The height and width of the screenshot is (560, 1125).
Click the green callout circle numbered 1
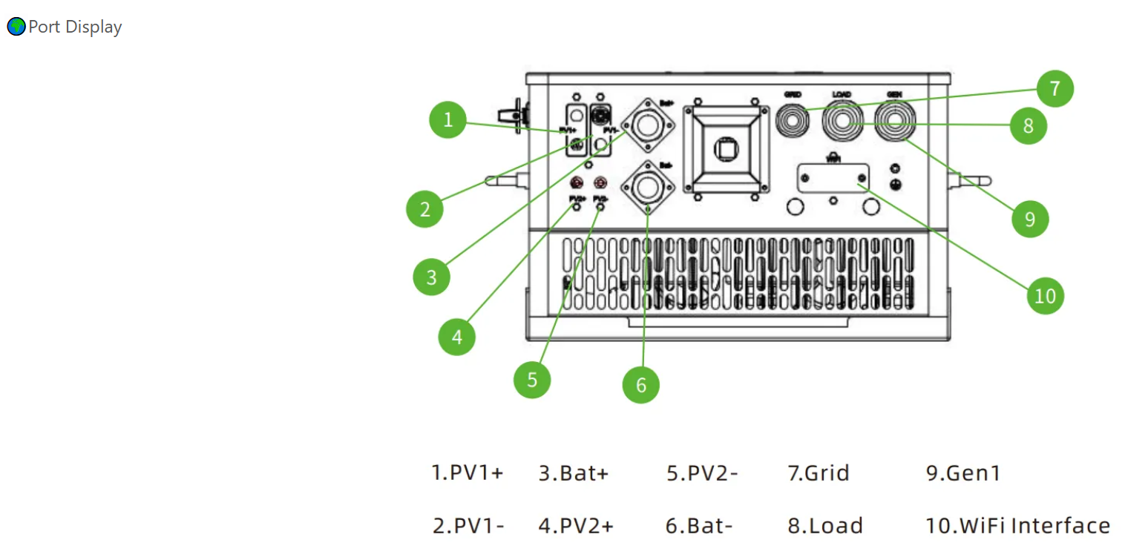tap(447, 119)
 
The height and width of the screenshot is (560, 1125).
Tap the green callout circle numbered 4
tap(456, 337)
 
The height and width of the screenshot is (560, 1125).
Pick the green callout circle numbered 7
tap(1055, 89)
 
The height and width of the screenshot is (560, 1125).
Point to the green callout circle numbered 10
tap(1045, 295)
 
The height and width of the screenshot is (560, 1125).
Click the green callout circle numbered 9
tap(1030, 219)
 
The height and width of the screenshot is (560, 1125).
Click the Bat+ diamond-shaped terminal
tap(646, 125)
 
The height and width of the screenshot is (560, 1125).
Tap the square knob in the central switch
tap(725, 150)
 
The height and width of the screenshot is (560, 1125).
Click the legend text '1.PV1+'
tap(468, 472)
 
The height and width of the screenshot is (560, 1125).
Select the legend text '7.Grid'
tap(818, 472)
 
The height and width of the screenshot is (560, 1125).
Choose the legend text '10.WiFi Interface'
tap(1017, 526)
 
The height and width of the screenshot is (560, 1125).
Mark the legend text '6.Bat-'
tap(698, 526)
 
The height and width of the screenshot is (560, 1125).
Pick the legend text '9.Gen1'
tap(962, 472)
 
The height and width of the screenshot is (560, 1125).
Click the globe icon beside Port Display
tap(16, 27)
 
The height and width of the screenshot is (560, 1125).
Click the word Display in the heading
tap(94, 27)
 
